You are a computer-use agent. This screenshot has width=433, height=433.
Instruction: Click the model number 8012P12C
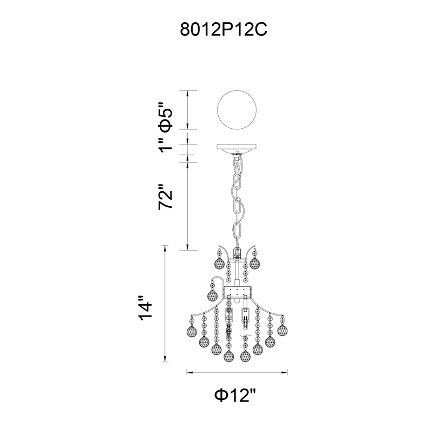pyautogui.click(x=224, y=30)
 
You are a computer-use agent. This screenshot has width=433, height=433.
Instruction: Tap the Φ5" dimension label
pyautogui.click(x=166, y=117)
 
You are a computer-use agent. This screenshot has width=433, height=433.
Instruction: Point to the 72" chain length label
pyautogui.click(x=166, y=196)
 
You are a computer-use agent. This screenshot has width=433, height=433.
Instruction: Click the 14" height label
pyautogui.click(x=145, y=309)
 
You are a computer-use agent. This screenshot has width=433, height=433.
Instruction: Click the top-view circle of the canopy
pyautogui.click(x=237, y=110)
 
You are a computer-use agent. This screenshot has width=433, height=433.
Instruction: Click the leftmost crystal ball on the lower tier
pyautogui.click(x=192, y=331)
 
